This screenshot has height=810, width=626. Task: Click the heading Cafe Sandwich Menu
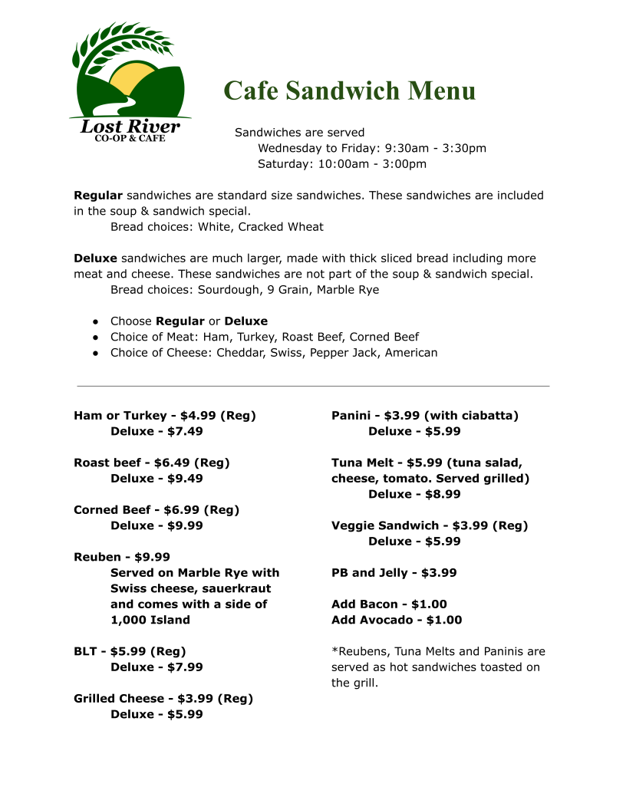pos(350,91)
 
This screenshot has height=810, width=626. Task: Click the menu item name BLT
pos(85,651)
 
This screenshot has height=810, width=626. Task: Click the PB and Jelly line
pos(394,572)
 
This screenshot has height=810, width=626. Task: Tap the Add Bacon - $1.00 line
pos(389,604)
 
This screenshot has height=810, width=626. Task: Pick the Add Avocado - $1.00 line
pos(397,620)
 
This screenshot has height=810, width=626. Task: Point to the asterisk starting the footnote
pos(334,650)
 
